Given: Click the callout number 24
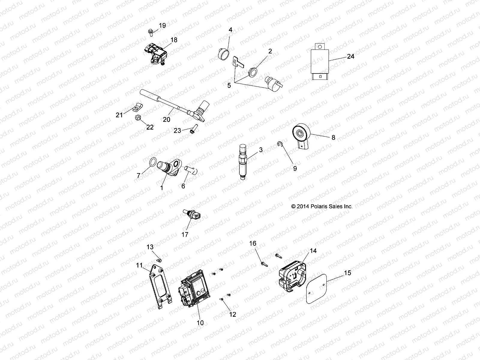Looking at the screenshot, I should click(x=350, y=56).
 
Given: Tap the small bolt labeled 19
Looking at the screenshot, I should click(x=150, y=31).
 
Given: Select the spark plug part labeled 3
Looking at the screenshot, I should click(x=242, y=161).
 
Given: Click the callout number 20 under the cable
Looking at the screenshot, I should click(x=166, y=119).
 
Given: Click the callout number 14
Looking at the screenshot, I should click(x=313, y=251).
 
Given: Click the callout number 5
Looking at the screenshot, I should click(x=229, y=85).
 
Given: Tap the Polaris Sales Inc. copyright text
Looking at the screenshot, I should click(x=322, y=206).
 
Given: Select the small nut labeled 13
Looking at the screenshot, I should click(x=160, y=260).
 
